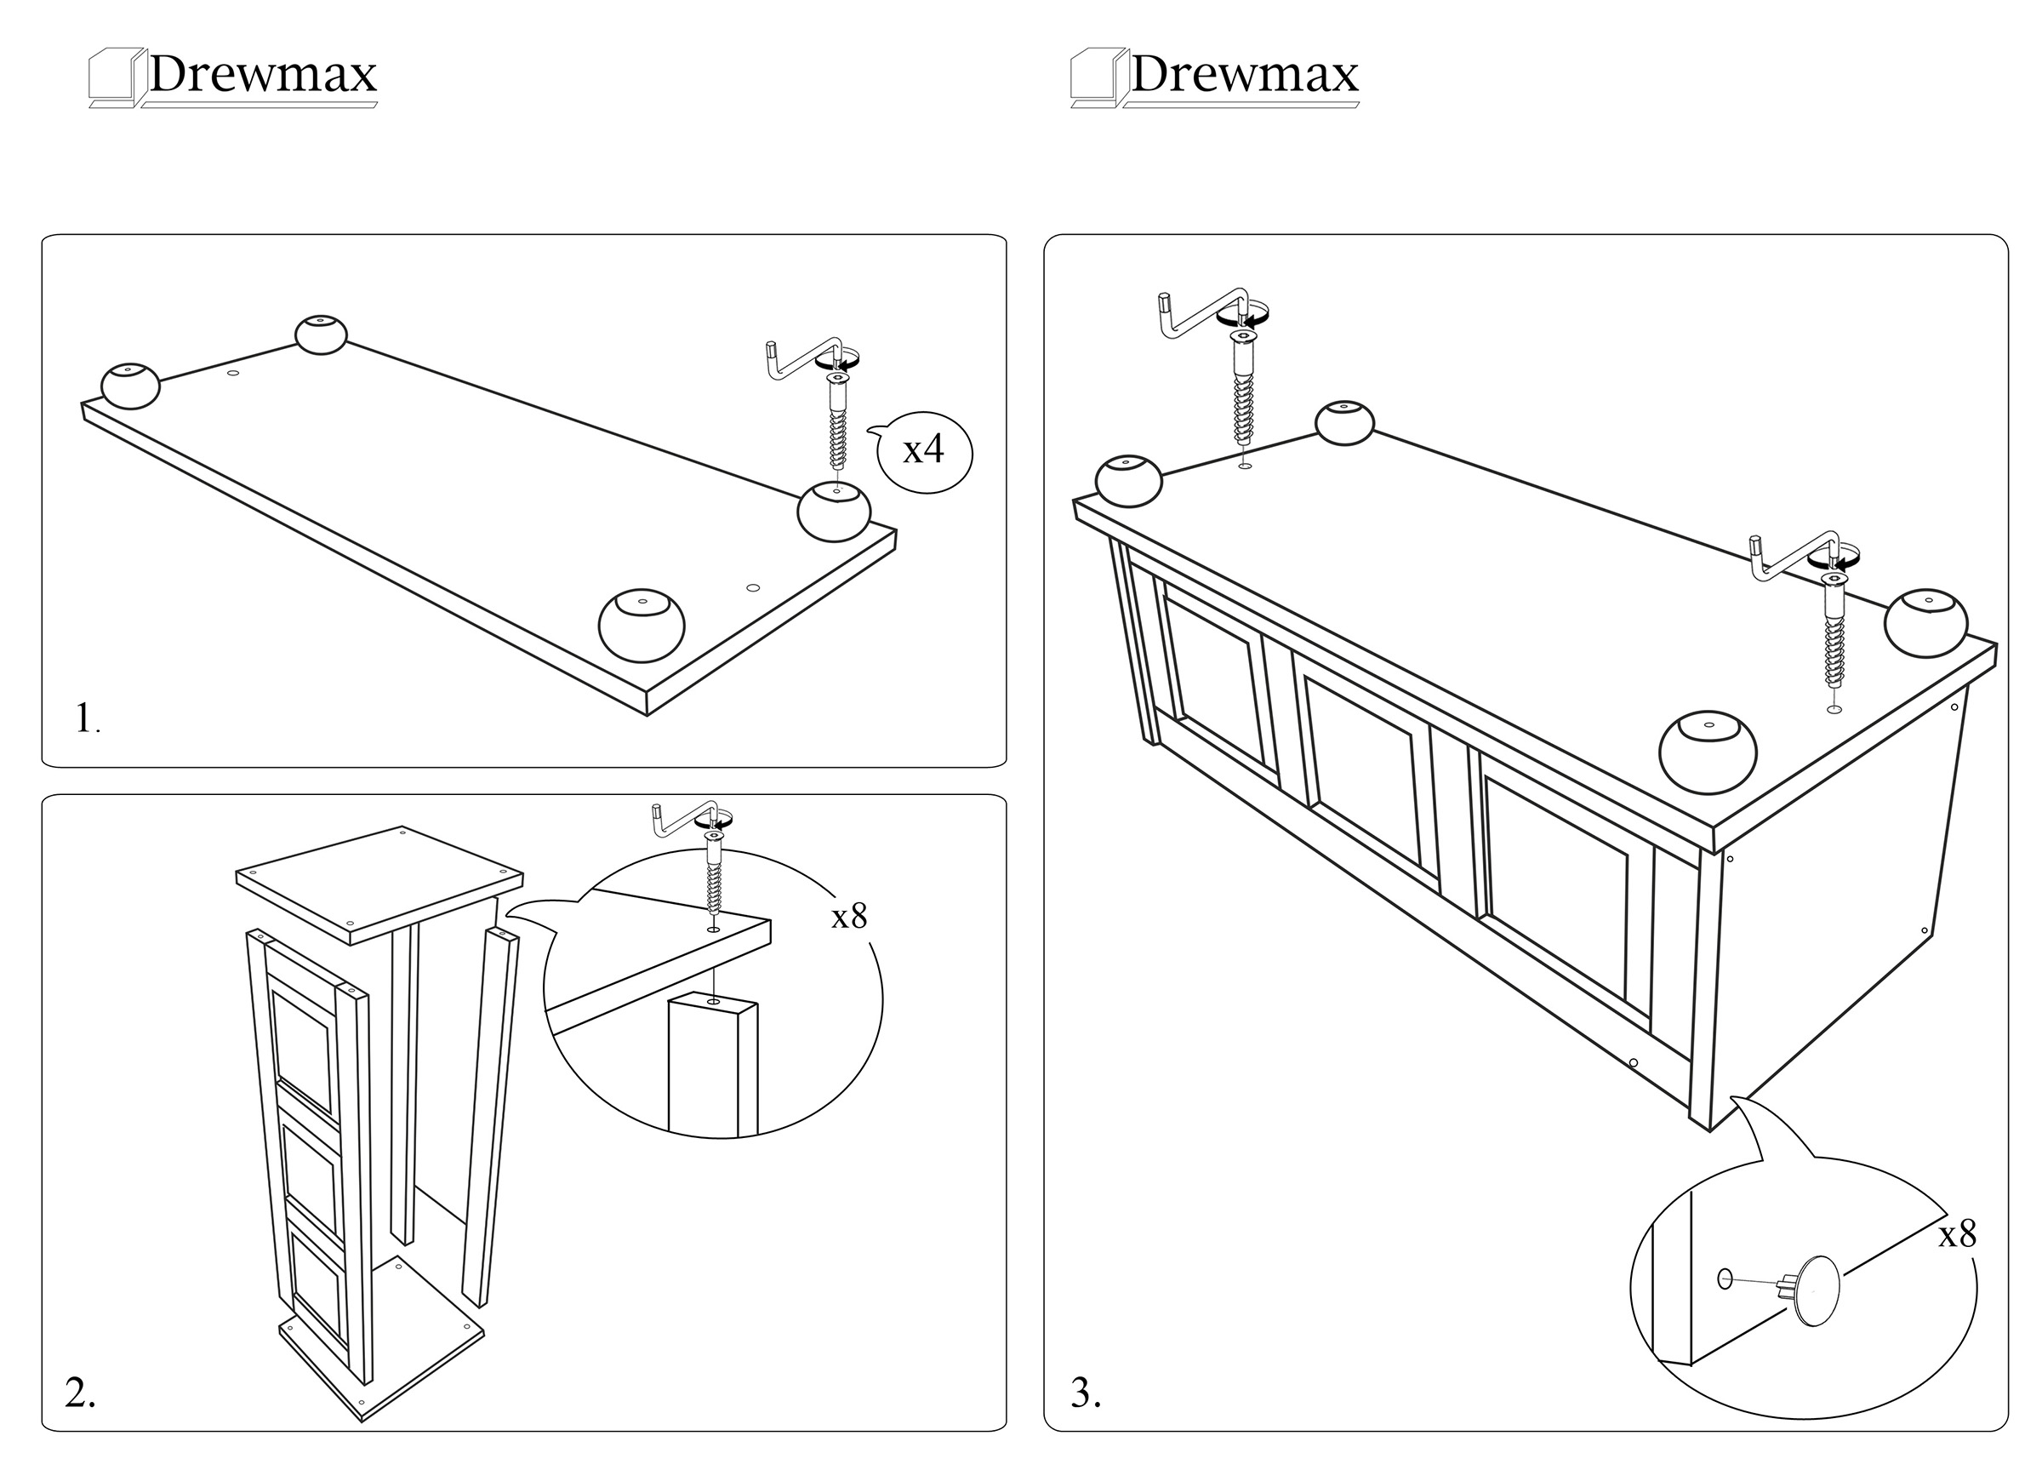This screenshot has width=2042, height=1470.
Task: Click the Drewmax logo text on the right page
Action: (x=1243, y=74)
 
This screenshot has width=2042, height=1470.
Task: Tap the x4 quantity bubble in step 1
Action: (x=924, y=449)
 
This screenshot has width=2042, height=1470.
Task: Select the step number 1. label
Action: (x=87, y=718)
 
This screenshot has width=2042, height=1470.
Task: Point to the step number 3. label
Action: (x=1086, y=1393)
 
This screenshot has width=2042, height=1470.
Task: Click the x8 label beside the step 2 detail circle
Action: (x=848, y=916)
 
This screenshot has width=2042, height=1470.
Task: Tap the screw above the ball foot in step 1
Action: (x=837, y=423)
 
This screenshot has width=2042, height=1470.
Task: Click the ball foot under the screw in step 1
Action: (x=834, y=511)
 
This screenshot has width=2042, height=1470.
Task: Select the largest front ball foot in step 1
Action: (x=641, y=625)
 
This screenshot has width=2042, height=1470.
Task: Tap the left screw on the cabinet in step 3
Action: (x=1243, y=392)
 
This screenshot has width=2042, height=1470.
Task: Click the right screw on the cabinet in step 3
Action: (x=1832, y=635)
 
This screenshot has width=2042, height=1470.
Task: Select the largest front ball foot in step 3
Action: (x=1707, y=752)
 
